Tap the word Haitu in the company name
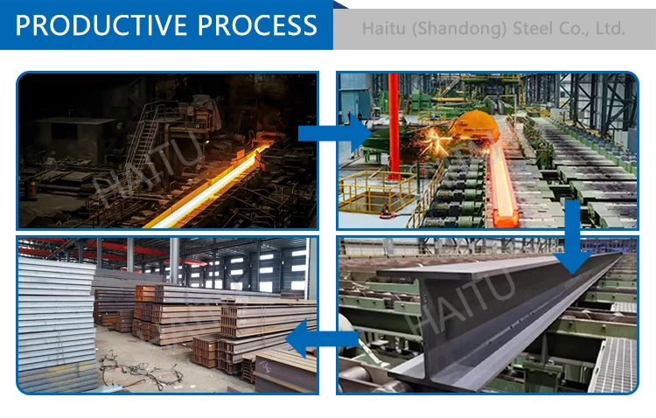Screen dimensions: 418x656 (382, 29)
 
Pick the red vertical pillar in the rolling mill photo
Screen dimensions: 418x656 (394, 122)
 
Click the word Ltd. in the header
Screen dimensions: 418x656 (610, 29)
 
